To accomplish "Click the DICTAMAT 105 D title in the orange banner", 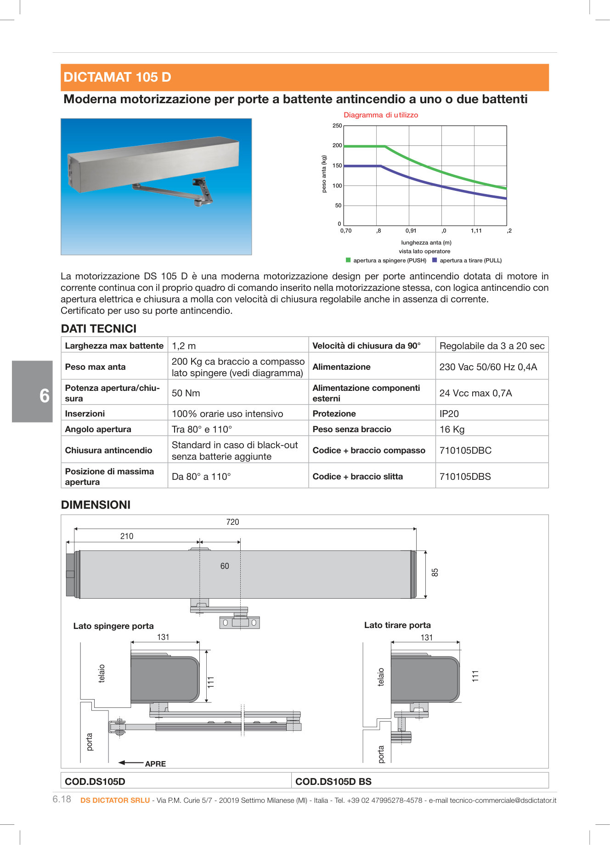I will click(x=117, y=77).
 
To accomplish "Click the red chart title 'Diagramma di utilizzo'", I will click(x=381, y=115).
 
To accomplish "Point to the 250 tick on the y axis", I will click(x=337, y=126).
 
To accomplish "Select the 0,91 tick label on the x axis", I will click(x=411, y=231).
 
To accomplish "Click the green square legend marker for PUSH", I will click(x=348, y=260).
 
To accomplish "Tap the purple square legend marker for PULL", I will click(x=435, y=260).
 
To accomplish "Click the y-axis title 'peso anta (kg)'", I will click(x=324, y=174).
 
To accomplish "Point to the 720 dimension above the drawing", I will click(x=232, y=522).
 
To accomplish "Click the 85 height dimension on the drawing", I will click(x=435, y=573).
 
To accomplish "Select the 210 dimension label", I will click(x=127, y=536).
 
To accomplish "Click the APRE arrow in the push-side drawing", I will click(x=132, y=763).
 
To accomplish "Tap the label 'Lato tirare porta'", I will click(x=397, y=625).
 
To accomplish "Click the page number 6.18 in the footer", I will click(x=62, y=799).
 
